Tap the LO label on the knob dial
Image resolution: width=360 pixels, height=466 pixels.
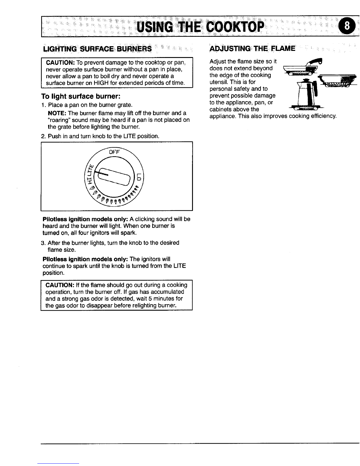click(x=139, y=177)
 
